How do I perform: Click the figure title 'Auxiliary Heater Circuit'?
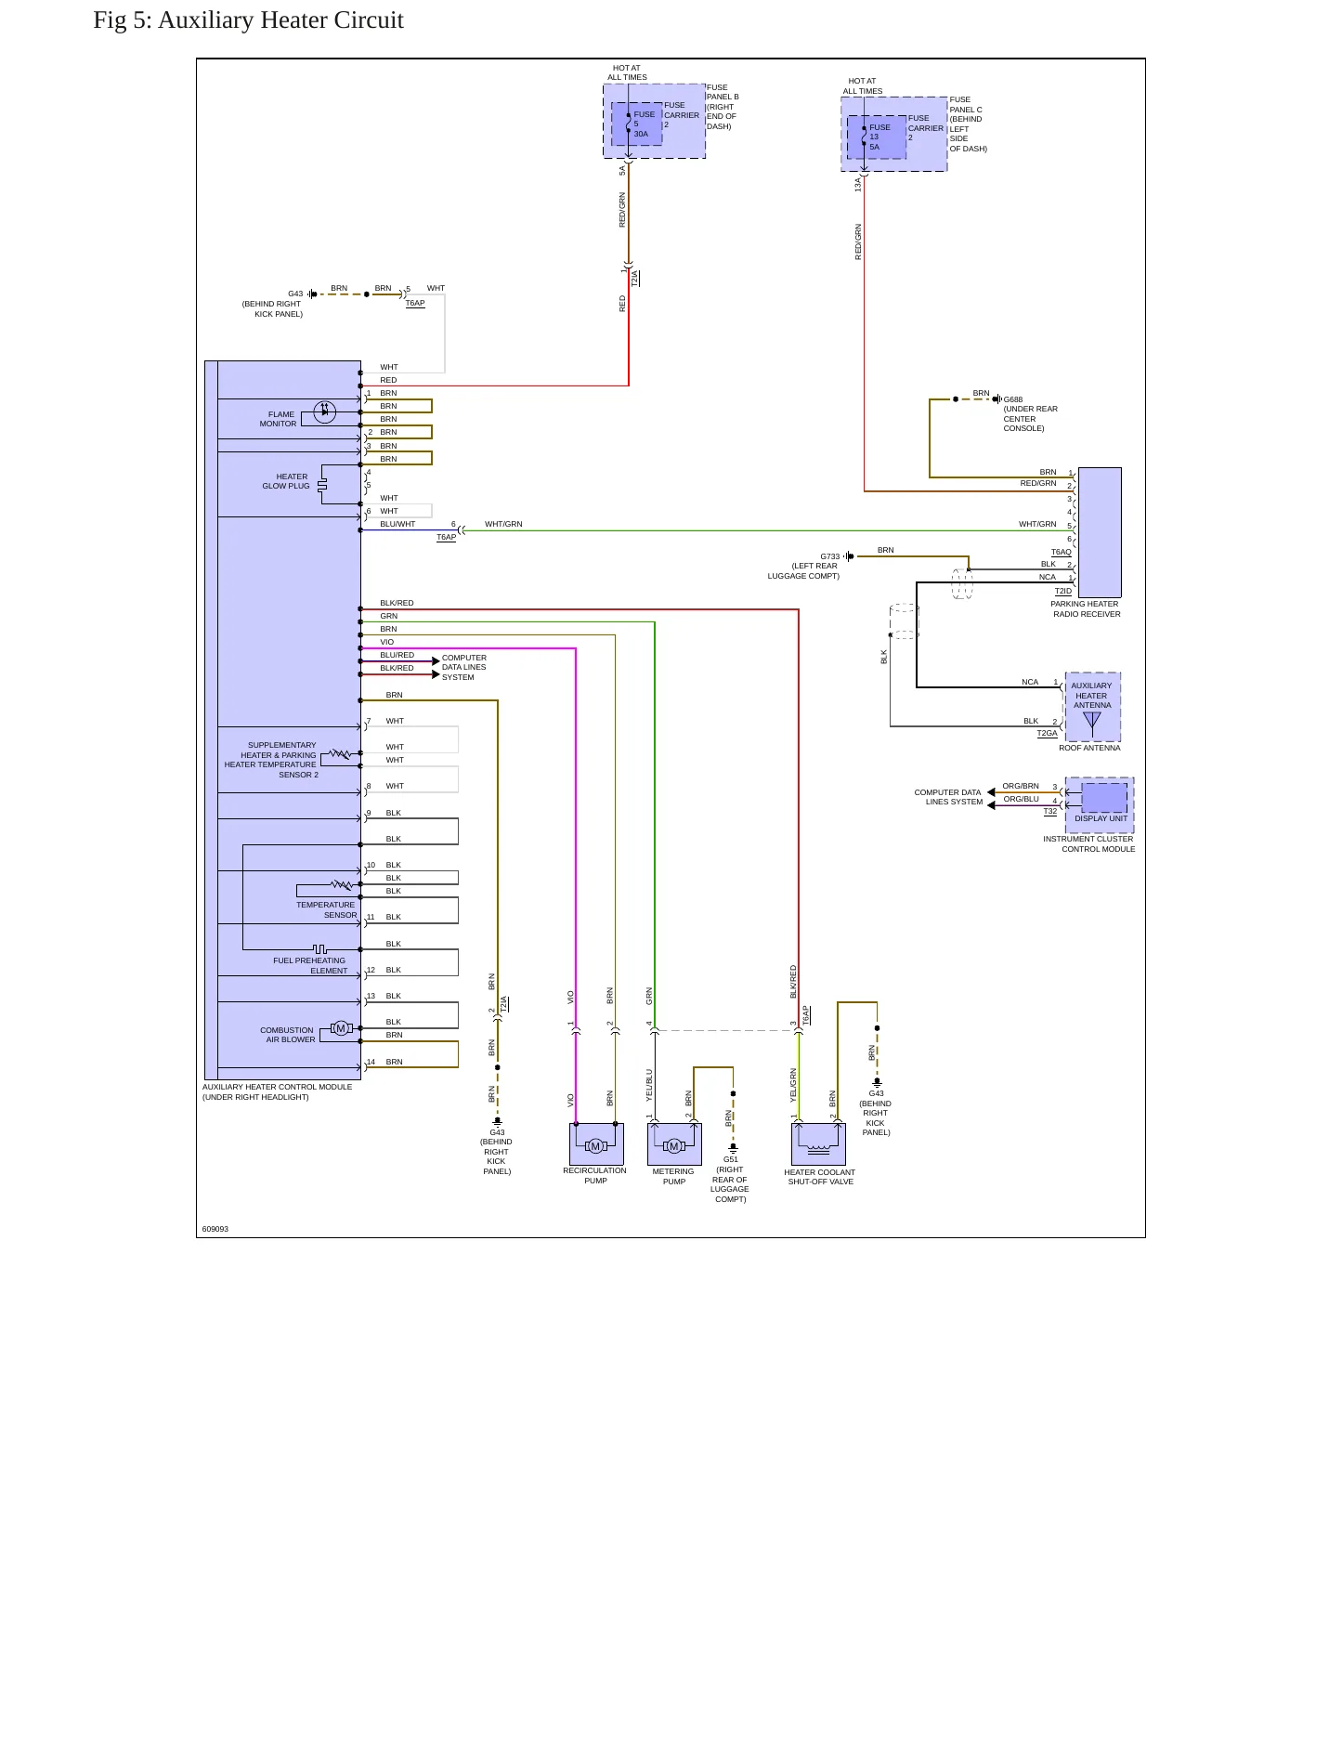(x=280, y=20)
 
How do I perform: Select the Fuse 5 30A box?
(x=637, y=124)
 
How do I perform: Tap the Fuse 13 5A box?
(x=877, y=137)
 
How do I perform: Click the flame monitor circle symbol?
(x=324, y=411)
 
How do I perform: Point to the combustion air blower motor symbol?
(x=341, y=1028)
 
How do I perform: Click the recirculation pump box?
(x=596, y=1143)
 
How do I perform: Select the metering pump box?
(x=674, y=1143)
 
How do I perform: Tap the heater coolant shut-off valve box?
(x=818, y=1143)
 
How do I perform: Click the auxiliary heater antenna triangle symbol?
(x=1092, y=719)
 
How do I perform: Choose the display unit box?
(x=1104, y=799)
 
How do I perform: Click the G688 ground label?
(x=1013, y=399)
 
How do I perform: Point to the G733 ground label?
(x=829, y=556)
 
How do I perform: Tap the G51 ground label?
(x=731, y=1159)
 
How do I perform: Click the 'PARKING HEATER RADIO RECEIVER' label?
(x=1086, y=608)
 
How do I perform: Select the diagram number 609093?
(x=215, y=1229)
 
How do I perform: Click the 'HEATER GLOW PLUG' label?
(x=286, y=481)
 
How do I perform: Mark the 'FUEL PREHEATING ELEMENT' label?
(x=309, y=965)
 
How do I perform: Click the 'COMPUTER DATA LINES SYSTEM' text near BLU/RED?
(x=463, y=667)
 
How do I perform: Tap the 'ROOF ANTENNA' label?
(x=1089, y=748)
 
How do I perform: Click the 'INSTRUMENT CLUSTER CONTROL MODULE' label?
(x=1088, y=843)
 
